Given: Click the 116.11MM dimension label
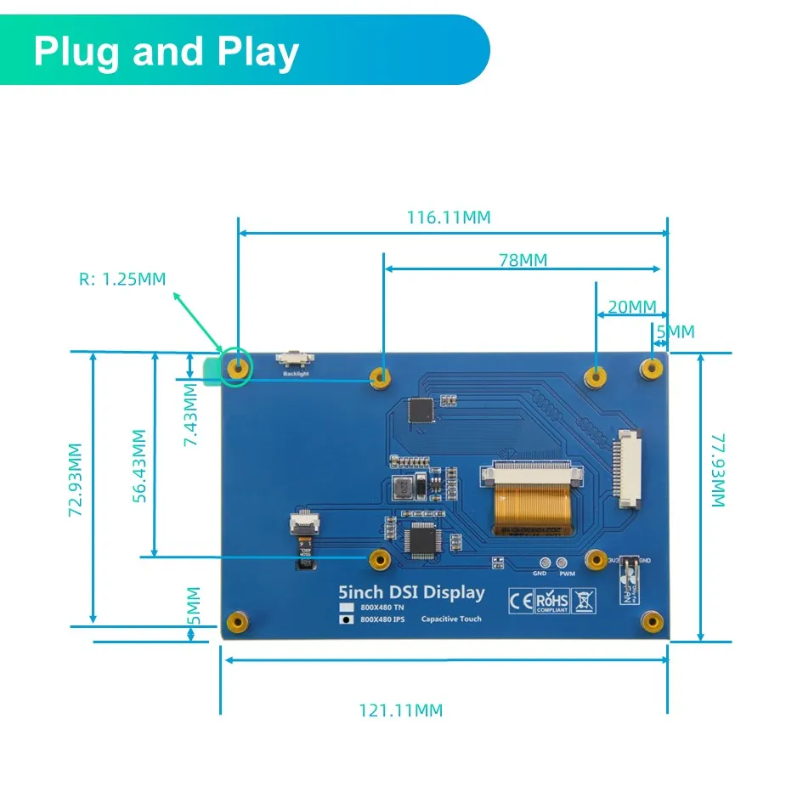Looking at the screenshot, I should click(448, 218).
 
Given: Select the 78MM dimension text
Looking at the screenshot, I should click(523, 260).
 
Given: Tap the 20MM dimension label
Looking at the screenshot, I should click(632, 306).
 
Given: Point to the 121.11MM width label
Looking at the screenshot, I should click(400, 710).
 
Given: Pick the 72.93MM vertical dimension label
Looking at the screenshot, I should click(76, 479).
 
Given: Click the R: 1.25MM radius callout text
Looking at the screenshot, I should click(122, 279).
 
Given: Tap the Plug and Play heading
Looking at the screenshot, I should click(167, 52).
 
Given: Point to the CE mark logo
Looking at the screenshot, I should click(520, 600).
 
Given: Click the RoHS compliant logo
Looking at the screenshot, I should click(553, 600).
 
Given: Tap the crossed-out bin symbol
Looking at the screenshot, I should click(586, 600).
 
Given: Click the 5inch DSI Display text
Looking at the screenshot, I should click(411, 592).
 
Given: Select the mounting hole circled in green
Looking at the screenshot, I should click(237, 368).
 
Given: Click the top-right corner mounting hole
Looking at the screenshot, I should click(652, 368).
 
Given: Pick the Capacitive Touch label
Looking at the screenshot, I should click(450, 619).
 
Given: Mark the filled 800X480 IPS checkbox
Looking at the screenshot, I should click(346, 619).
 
